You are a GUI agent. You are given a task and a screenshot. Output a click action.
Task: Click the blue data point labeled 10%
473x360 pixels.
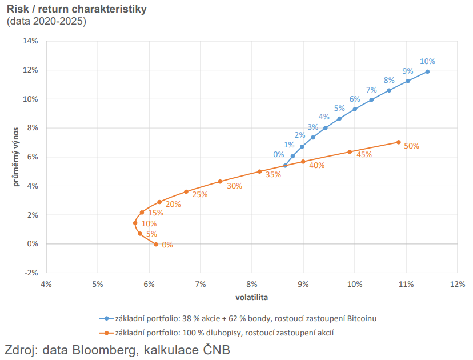click(x=427, y=71)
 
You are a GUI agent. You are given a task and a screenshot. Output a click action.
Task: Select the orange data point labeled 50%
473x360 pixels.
click(x=398, y=142)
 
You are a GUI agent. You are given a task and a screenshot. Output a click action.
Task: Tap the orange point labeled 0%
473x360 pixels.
click(x=156, y=245)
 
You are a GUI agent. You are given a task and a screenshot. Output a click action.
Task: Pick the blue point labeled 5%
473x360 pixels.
click(x=339, y=119)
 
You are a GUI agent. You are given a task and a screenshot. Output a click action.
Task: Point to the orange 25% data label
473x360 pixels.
click(x=200, y=195)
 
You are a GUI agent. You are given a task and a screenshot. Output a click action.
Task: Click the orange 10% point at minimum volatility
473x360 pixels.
click(x=135, y=223)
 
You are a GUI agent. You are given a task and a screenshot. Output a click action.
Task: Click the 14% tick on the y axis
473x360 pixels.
click(x=30, y=41)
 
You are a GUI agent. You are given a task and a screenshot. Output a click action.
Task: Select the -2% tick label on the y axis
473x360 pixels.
click(x=30, y=273)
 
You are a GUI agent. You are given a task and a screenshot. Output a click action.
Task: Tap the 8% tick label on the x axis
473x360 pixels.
click(x=252, y=284)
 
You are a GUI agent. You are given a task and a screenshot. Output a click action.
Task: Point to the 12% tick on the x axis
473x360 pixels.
click(x=457, y=284)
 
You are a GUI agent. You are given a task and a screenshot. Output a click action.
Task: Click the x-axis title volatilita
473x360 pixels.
click(x=252, y=298)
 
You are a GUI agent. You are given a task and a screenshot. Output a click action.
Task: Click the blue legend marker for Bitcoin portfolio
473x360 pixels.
click(x=106, y=318)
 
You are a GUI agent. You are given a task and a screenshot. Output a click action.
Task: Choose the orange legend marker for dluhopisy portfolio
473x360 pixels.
click(x=106, y=331)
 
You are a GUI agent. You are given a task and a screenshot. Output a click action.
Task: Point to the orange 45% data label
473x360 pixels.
click(x=364, y=154)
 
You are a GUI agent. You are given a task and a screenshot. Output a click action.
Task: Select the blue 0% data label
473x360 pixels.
click(x=279, y=154)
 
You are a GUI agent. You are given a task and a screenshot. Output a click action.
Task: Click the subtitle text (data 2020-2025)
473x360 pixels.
click(x=46, y=22)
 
